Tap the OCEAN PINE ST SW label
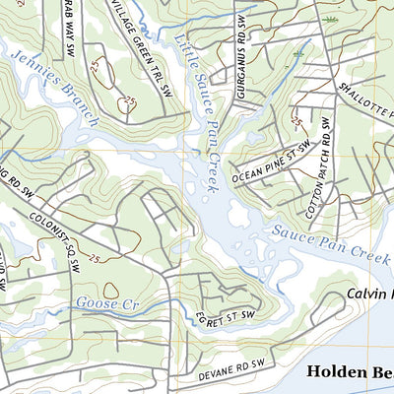271,164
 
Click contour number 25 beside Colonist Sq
96,258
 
